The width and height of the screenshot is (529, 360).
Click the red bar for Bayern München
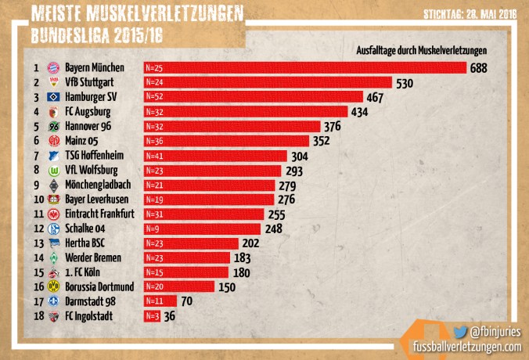(x=304, y=68)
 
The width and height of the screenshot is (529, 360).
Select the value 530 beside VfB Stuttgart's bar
(x=405, y=82)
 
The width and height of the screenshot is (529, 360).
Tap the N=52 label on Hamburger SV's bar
(x=154, y=97)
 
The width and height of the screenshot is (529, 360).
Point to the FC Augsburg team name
(x=87, y=111)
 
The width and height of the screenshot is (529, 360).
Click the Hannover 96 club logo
(x=54, y=126)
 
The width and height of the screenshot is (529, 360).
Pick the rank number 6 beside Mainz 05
(x=36, y=140)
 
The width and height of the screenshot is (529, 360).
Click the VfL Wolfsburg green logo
(x=54, y=170)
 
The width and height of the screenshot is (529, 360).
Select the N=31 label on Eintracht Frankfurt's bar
(x=154, y=213)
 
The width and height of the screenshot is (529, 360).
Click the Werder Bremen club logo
(x=54, y=257)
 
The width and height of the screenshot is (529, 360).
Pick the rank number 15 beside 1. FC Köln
(x=36, y=272)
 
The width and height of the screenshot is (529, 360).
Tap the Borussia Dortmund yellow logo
(x=54, y=286)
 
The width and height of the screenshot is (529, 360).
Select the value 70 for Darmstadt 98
(x=186, y=301)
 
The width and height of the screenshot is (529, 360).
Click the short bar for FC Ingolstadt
(x=152, y=315)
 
